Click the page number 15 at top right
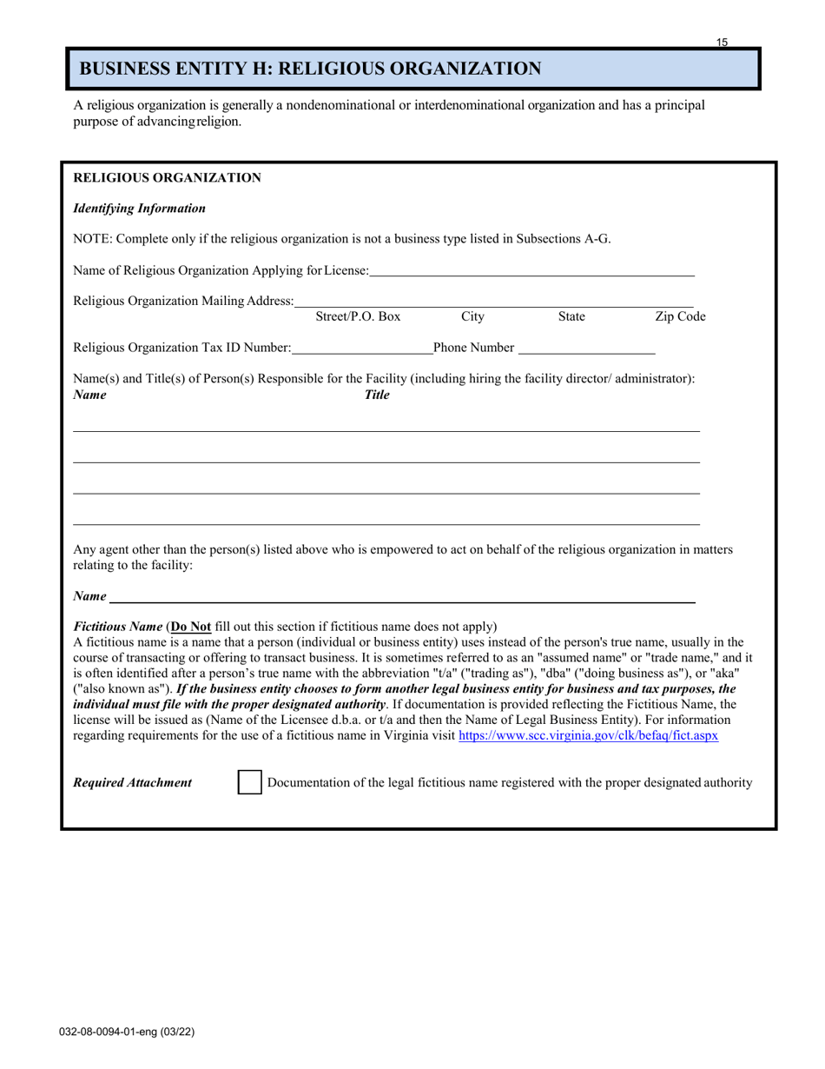pyautogui.click(x=723, y=42)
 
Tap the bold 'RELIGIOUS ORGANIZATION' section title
pyautogui.click(x=167, y=178)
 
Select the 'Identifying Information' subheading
pyautogui.click(x=139, y=209)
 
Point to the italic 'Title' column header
pyautogui.click(x=377, y=395)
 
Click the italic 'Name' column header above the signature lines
pyautogui.click(x=90, y=395)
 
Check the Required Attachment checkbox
pyautogui.click(x=249, y=783)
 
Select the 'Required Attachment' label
pyautogui.click(x=133, y=783)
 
